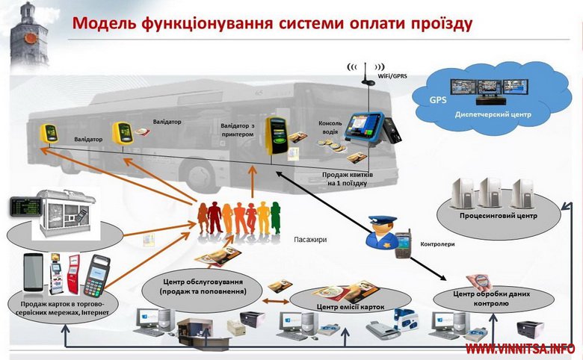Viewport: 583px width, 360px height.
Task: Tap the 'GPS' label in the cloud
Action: tap(437, 99)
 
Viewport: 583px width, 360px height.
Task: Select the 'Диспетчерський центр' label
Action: tap(493, 115)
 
